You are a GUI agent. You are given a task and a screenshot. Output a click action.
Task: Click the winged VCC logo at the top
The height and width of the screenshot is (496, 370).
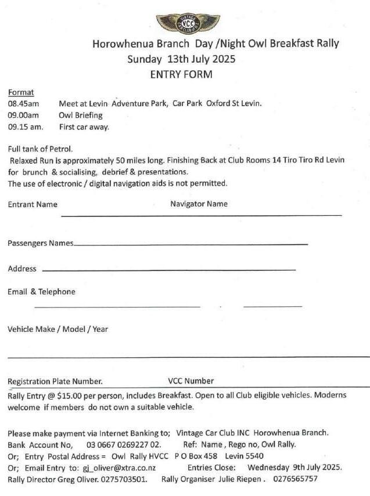(x=181, y=24)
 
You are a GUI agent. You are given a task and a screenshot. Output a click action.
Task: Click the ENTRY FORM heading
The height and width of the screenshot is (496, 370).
(x=181, y=74)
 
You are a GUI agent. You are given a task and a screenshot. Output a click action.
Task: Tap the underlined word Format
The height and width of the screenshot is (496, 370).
(x=21, y=92)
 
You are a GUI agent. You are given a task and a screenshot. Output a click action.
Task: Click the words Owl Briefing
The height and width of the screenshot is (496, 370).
(x=81, y=115)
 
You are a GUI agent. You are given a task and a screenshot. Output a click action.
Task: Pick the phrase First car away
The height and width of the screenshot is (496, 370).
(x=84, y=126)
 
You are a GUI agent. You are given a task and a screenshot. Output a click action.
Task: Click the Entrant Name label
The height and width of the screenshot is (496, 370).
(x=33, y=204)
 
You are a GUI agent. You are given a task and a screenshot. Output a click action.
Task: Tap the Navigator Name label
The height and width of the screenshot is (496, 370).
(x=199, y=204)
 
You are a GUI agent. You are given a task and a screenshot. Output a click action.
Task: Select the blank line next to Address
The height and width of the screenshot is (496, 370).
(x=168, y=270)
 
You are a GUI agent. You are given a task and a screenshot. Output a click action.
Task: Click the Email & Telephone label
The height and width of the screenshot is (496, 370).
(x=41, y=291)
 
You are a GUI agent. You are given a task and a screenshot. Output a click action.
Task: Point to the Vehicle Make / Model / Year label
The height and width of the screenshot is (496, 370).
(x=58, y=329)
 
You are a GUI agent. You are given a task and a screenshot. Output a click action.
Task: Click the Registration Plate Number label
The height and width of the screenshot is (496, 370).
(x=55, y=381)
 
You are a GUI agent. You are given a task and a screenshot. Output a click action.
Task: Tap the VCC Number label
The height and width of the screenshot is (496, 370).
(x=191, y=381)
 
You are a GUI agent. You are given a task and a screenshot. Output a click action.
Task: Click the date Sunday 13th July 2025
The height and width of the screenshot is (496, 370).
(x=181, y=59)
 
